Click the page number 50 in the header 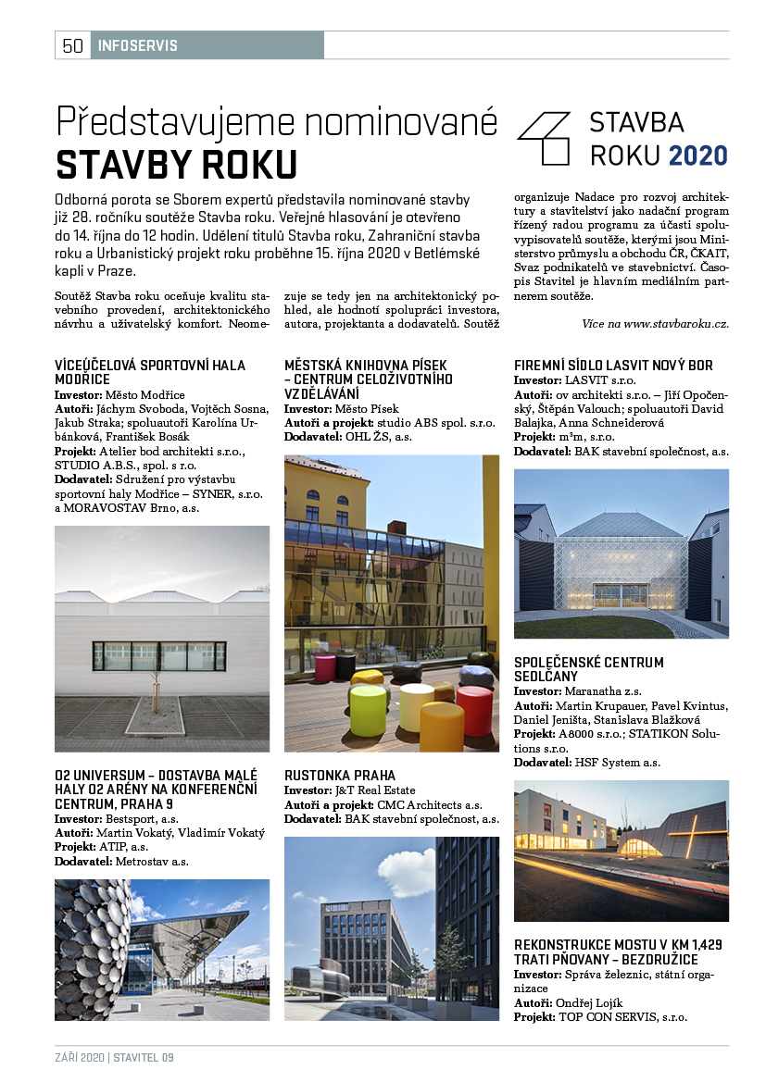point(73,45)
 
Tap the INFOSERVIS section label point(137,45)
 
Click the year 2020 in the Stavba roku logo point(698,155)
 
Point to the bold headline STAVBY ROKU point(176,164)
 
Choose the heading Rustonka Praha point(340,775)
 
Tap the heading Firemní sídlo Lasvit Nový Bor point(613,365)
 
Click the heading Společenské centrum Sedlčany point(589,669)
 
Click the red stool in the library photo point(474,708)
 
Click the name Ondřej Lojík point(590,1003)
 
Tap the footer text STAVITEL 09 point(144,1058)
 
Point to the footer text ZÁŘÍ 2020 point(79,1058)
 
